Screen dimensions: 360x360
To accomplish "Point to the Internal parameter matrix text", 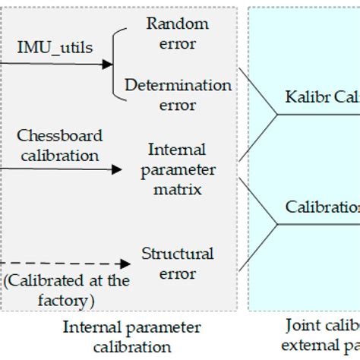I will (x=176, y=168).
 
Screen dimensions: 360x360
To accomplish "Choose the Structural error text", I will (x=178, y=263).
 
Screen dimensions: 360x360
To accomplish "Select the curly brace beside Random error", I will (x=118, y=65).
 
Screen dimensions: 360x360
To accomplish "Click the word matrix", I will (x=176, y=188).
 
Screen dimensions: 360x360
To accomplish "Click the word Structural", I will (x=178, y=253).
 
